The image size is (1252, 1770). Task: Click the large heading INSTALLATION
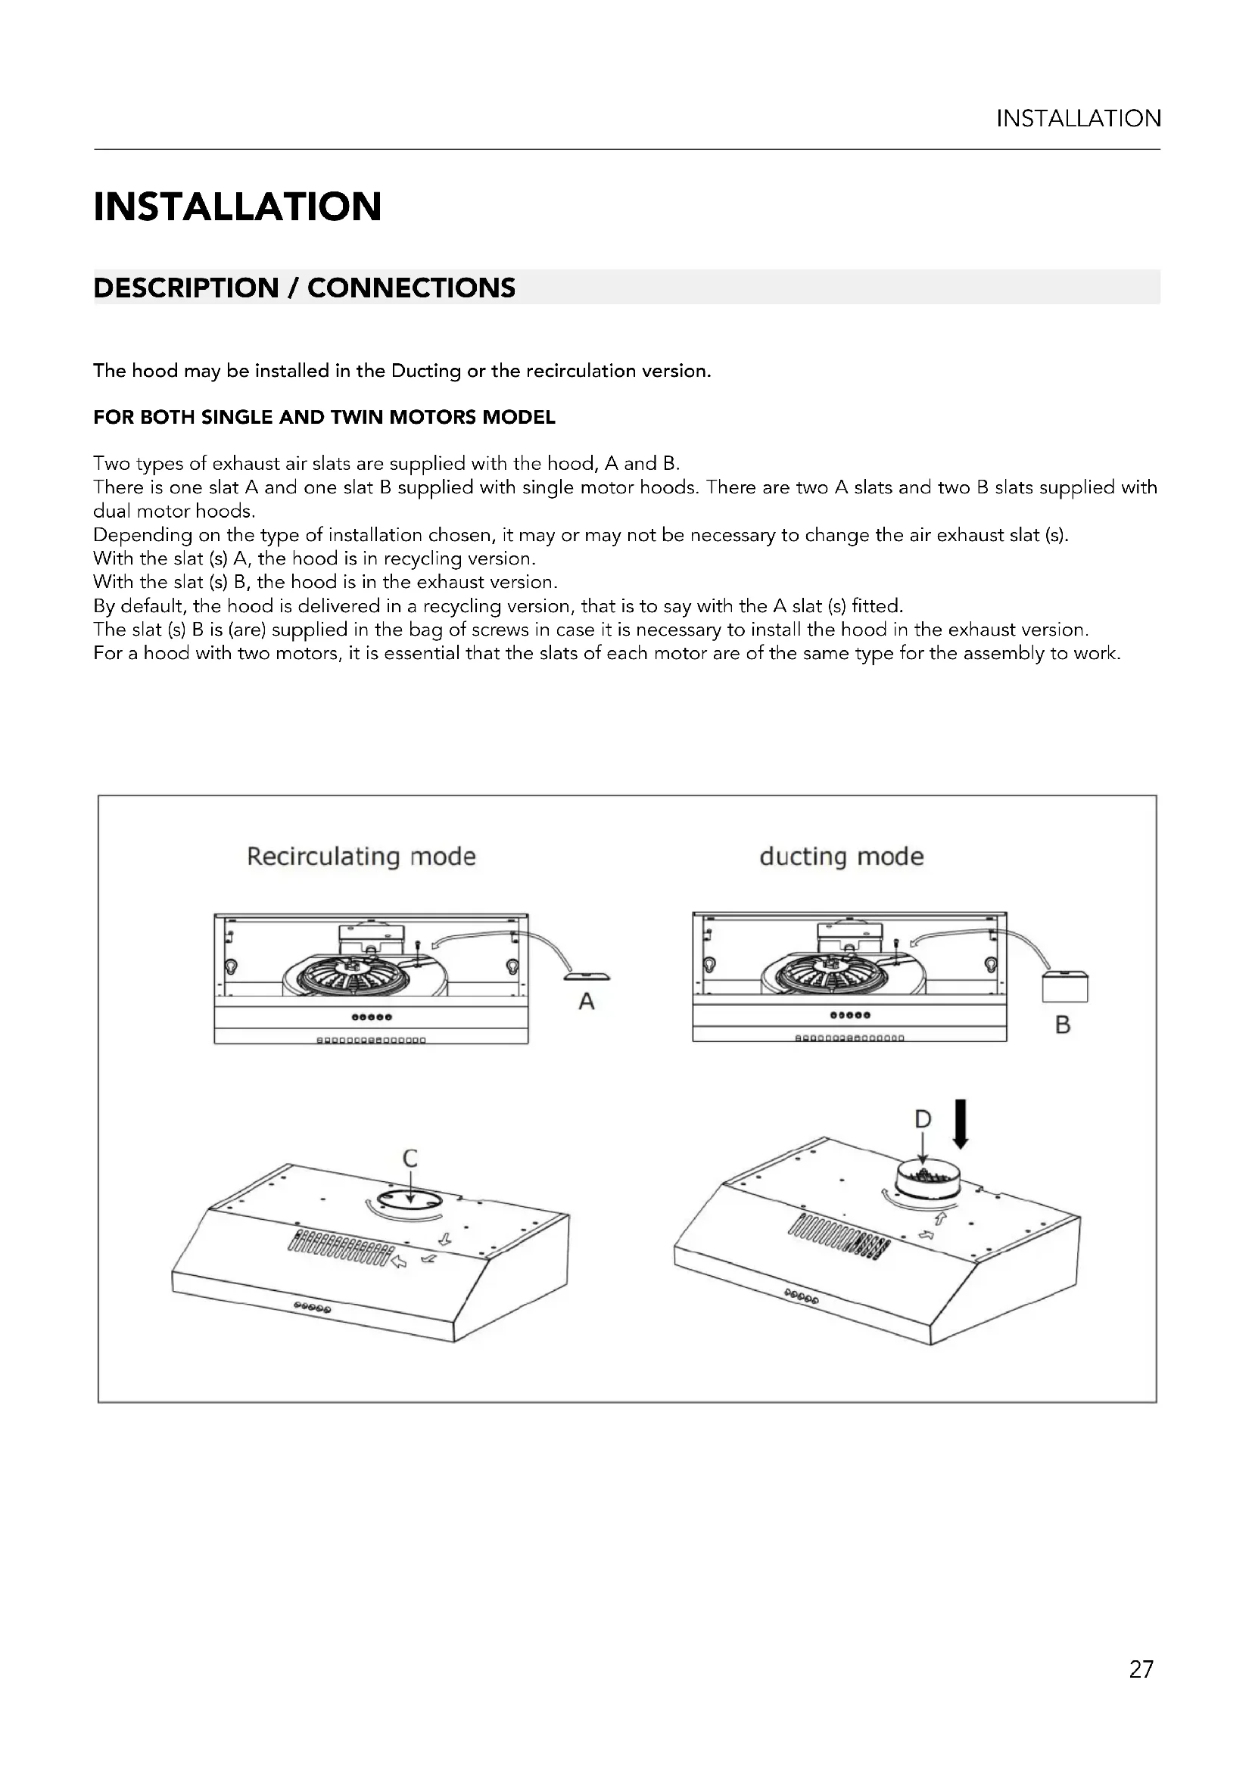238,207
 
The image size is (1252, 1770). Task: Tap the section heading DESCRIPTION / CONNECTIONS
304,288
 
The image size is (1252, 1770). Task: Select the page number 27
1140,1669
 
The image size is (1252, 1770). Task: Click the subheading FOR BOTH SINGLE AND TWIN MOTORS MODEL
324,418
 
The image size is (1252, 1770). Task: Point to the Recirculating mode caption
361,857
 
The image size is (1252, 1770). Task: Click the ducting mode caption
841,857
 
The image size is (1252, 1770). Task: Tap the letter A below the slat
587,1001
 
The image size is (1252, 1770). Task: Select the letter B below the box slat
1062,1025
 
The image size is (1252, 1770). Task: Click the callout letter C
410,1158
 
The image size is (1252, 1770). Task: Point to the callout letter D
923,1118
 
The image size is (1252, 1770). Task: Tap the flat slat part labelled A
587,978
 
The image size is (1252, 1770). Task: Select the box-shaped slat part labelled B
1065,987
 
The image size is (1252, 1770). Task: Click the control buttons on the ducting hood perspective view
801,1296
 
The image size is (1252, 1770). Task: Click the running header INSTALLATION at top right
1078,119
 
